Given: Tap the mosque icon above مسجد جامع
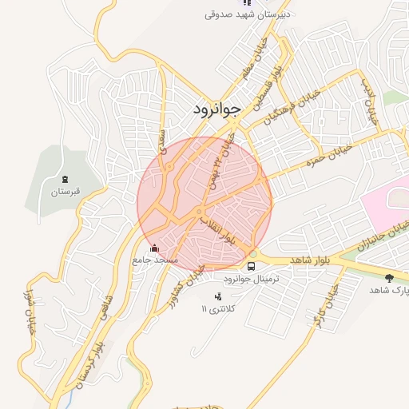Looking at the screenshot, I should point(154,248).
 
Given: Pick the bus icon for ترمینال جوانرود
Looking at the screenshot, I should point(252,266).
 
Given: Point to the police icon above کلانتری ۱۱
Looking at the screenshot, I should point(218,296).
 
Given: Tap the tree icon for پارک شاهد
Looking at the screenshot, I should point(389,278).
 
